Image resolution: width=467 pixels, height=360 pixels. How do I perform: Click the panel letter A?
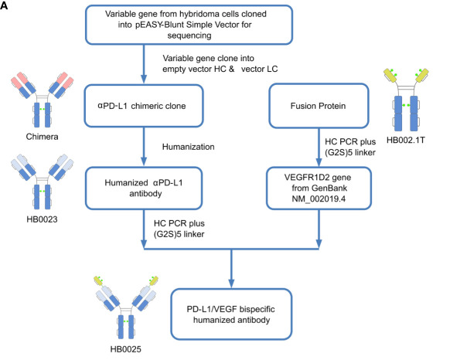4,5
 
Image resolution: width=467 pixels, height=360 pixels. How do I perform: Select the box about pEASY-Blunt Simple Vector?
189,25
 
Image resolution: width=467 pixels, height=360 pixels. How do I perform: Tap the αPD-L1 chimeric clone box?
144,106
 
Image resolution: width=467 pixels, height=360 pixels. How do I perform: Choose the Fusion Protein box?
319,106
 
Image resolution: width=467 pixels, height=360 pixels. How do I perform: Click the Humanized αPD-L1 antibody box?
144,188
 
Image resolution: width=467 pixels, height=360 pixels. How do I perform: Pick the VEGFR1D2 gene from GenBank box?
319,188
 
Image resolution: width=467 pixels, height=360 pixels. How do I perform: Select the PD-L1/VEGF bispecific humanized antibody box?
231,314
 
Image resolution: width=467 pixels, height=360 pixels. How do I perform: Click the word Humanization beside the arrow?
188,147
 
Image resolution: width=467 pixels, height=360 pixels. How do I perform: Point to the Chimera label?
42,137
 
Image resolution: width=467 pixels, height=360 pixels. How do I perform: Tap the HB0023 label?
42,219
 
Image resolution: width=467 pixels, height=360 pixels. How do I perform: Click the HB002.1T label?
406,140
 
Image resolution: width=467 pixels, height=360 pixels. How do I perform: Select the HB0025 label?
126,349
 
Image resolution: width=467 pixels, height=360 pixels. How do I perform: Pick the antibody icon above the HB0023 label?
42,182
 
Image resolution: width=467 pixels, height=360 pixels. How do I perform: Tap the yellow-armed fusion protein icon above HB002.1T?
406,100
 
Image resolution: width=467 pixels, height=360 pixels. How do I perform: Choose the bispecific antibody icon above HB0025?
126,307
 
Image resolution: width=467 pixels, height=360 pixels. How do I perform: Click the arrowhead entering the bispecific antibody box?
231,284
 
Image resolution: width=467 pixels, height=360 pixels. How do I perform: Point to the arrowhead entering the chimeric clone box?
144,79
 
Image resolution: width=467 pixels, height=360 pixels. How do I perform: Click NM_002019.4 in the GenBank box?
319,199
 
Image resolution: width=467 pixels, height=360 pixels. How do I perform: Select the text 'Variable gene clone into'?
208,58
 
